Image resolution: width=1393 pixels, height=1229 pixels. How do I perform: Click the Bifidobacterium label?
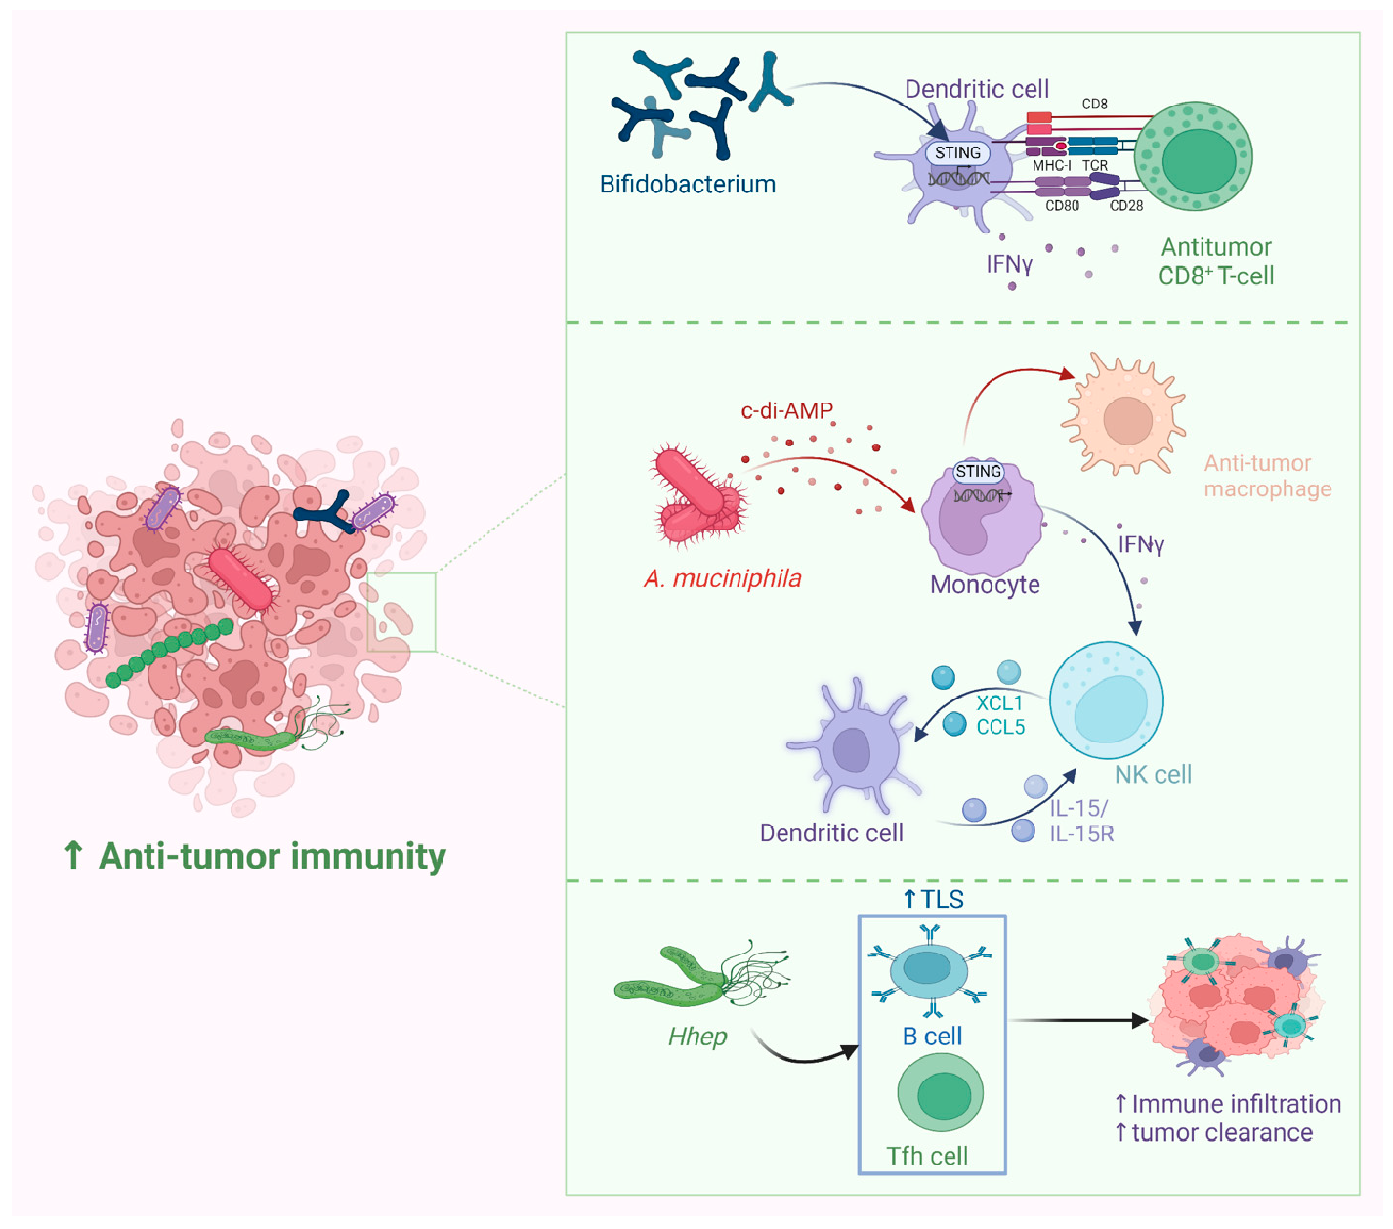point(687,184)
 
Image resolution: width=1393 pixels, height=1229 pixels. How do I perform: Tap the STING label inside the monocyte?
point(978,471)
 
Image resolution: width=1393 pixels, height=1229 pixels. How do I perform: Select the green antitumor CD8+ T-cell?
point(1193,156)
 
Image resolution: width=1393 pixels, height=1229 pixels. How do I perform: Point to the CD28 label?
point(1125,206)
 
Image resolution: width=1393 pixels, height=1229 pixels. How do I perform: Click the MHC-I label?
point(1051,166)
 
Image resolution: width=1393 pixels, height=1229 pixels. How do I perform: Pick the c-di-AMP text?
point(786,410)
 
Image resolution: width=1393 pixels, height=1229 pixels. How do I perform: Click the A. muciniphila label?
point(722,578)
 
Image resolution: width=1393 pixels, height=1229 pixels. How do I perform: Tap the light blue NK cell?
point(1107,699)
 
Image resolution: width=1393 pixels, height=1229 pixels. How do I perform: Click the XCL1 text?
point(999,702)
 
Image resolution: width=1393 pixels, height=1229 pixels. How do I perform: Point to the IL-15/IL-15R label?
point(1080,821)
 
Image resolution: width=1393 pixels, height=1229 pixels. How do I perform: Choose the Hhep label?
point(697,1037)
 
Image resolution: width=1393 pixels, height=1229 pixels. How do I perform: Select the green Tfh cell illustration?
point(940,1093)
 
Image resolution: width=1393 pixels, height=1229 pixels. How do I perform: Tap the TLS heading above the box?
point(934,899)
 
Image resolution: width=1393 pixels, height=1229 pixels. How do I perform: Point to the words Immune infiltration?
point(1235,1104)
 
